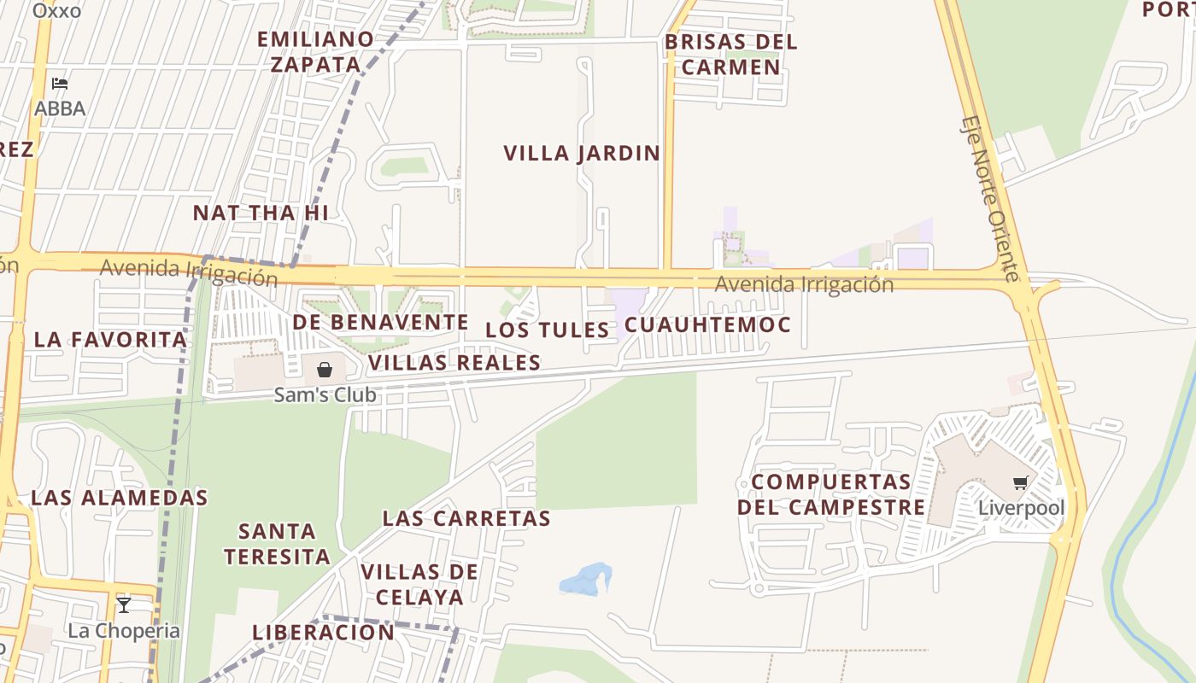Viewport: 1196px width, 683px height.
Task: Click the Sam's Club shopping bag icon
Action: pos(325,370)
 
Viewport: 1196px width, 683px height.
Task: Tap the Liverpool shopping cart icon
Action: pos(1020,483)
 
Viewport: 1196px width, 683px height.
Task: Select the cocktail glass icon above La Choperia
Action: pos(124,605)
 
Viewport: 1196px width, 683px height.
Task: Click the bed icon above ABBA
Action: pos(59,84)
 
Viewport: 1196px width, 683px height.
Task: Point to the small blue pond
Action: pos(586,580)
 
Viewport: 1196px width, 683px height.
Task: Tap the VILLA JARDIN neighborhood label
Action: pos(582,154)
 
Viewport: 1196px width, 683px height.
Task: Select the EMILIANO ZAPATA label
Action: pos(316,52)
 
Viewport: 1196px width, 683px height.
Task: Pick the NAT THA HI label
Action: pos(261,213)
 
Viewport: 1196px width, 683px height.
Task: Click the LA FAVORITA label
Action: pos(110,340)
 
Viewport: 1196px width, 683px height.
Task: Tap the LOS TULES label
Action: pos(548,330)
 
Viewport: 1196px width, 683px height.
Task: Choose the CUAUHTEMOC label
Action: pos(707,325)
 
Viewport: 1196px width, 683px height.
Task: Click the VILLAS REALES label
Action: pos(454,363)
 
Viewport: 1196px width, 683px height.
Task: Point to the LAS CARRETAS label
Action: pos(466,518)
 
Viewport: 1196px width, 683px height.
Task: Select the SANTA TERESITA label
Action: pos(277,544)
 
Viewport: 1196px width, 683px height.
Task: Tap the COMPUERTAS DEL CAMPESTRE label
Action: pos(831,494)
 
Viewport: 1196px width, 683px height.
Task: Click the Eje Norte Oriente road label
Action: pos(990,198)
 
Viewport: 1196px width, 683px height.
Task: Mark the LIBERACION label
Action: pos(323,633)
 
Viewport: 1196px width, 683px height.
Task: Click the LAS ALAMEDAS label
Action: pos(120,498)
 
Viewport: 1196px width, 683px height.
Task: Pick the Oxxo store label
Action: pos(56,11)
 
